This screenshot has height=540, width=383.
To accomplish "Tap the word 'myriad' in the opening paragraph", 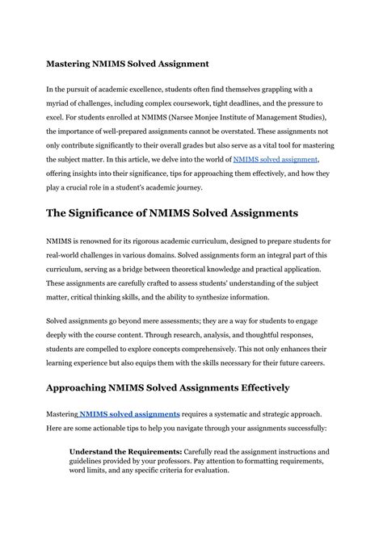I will tap(61, 106).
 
